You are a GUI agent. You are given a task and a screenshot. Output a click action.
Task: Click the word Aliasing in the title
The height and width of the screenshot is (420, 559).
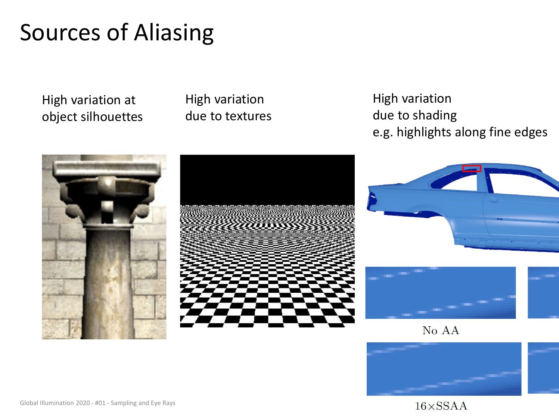tap(174, 33)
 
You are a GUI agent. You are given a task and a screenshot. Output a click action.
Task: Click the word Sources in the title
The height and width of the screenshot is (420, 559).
tap(60, 33)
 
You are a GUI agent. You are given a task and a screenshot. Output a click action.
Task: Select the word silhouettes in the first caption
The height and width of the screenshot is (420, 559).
tap(112, 117)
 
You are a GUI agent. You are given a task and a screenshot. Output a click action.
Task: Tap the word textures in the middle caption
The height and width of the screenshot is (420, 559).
tap(249, 116)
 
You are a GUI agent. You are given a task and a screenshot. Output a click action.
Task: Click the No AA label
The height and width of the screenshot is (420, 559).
tap(441, 330)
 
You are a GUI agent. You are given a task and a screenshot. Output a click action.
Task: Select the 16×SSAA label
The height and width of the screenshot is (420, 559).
tap(441, 406)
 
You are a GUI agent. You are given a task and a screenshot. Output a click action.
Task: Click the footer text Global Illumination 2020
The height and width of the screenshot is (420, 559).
tap(55, 403)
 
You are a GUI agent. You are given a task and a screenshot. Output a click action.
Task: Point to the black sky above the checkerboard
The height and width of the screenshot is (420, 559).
tap(267, 180)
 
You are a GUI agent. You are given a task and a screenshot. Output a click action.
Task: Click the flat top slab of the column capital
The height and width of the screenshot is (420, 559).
tap(107, 168)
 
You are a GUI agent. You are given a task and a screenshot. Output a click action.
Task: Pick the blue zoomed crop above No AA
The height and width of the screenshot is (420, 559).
tap(441, 293)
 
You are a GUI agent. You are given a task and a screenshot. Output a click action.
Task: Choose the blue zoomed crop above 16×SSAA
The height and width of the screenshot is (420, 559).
tap(444, 369)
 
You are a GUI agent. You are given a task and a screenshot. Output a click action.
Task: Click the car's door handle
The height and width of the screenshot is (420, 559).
tap(494, 200)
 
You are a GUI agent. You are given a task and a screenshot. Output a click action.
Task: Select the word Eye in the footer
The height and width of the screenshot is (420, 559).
tap(156, 403)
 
